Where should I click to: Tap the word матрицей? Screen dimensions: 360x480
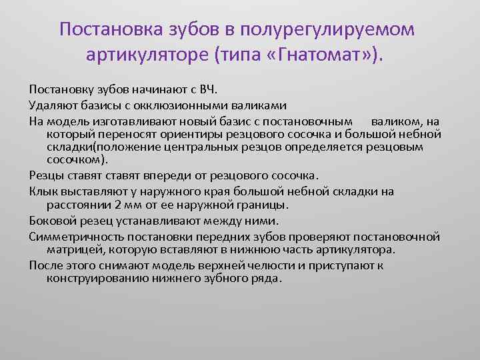click(x=71, y=249)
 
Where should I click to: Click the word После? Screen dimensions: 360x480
click(x=43, y=265)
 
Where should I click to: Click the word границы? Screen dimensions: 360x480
click(x=267, y=205)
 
